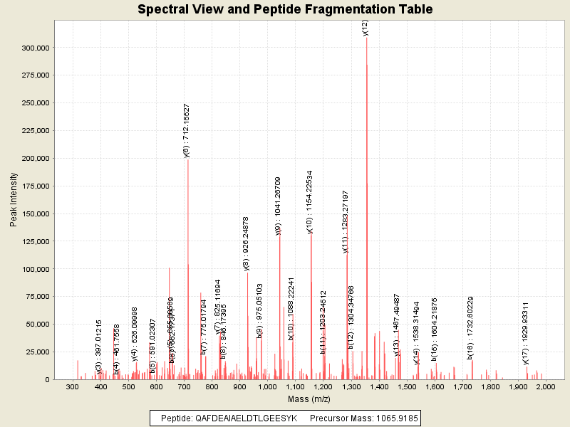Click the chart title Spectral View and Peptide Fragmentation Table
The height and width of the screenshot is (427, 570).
point(285,9)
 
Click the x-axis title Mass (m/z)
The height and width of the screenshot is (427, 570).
point(309,399)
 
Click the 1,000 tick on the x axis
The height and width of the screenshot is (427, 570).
point(267,386)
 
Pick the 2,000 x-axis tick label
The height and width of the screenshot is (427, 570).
point(545,386)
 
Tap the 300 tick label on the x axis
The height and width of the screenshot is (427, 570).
point(72,386)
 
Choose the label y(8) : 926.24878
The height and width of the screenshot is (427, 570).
point(247,243)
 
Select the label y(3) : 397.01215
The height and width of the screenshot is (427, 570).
point(99,347)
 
